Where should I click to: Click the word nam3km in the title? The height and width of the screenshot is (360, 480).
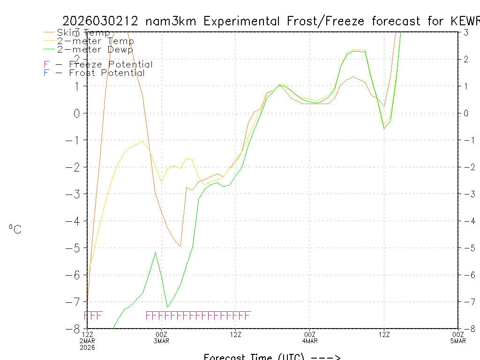[x=172, y=22]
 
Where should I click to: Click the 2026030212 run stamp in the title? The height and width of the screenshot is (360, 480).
[x=101, y=22]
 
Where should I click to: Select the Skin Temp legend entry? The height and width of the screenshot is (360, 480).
[x=83, y=33]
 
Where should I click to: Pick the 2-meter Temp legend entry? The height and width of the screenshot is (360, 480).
[x=95, y=41]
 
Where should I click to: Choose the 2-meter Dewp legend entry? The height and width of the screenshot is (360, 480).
[x=95, y=50]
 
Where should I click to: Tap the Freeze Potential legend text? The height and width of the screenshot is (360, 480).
[x=111, y=65]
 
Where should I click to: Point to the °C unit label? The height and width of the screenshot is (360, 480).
[x=15, y=230]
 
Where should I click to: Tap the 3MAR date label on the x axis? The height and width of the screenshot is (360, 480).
[x=162, y=340]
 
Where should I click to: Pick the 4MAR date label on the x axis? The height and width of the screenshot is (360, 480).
[x=310, y=340]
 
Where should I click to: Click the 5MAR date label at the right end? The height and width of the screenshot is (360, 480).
[x=458, y=340]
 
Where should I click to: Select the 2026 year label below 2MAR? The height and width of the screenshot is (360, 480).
[x=88, y=347]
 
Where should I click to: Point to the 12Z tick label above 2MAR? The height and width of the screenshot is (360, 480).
[x=88, y=334]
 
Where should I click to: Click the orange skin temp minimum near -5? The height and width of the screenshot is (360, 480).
[x=180, y=246]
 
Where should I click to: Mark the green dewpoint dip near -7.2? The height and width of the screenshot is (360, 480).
[x=168, y=307]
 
